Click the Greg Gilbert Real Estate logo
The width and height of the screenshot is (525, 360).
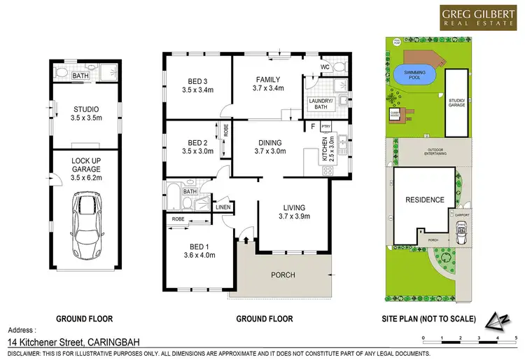tap(475, 18)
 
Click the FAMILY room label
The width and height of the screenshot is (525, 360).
tap(268, 84)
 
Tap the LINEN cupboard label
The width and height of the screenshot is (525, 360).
tap(223, 207)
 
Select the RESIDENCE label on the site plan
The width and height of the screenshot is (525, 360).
tap(425, 200)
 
